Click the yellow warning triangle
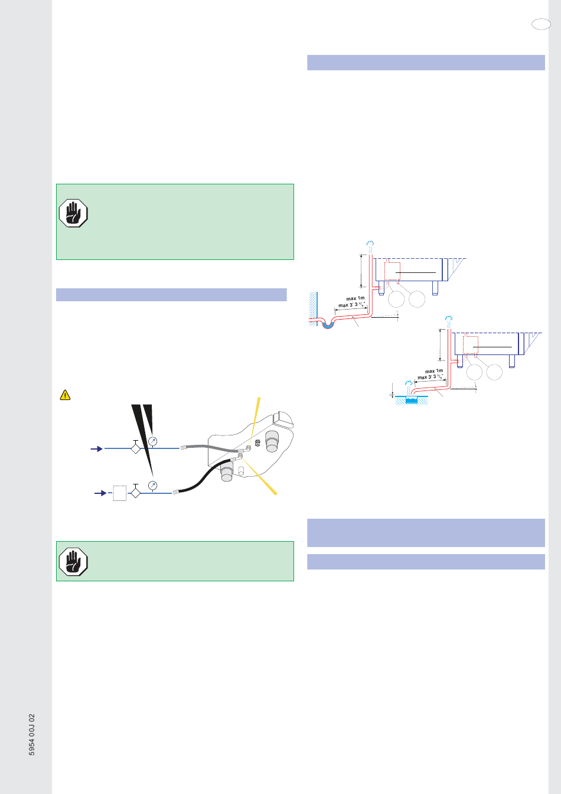coord(65,395)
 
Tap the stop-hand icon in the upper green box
coord(73,213)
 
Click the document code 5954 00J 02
coord(32,734)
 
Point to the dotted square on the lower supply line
coord(119,493)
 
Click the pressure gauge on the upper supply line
coord(153,441)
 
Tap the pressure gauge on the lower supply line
coord(152,485)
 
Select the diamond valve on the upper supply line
coord(136,449)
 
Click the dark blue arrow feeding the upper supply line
coord(96,449)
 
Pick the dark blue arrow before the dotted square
coord(101,493)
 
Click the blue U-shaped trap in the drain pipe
coord(328,324)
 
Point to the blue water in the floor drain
coord(411,400)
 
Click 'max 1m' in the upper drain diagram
coord(355,298)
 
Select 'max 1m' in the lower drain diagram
coord(434,371)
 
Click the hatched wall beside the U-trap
coord(312,304)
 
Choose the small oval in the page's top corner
coord(540,24)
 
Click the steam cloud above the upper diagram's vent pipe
coord(370,244)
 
